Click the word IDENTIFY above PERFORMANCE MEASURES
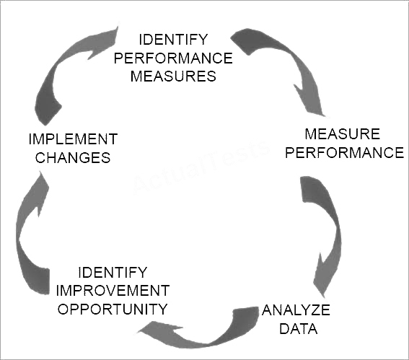pyautogui.click(x=173, y=40)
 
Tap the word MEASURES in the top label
pyautogui.click(x=173, y=76)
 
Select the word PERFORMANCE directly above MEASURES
pyautogui.click(x=173, y=58)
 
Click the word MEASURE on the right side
pyautogui.click(x=342, y=134)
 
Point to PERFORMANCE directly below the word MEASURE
pyautogui.click(x=345, y=152)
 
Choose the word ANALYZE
pyautogui.click(x=296, y=310)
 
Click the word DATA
pyautogui.click(x=299, y=329)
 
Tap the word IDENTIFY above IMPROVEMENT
pyautogui.click(x=113, y=273)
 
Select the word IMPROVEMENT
pyautogui.click(x=113, y=291)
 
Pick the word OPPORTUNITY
pyautogui.click(x=113, y=309)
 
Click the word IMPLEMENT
pyautogui.click(x=73, y=139)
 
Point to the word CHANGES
pyautogui.click(x=73, y=157)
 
